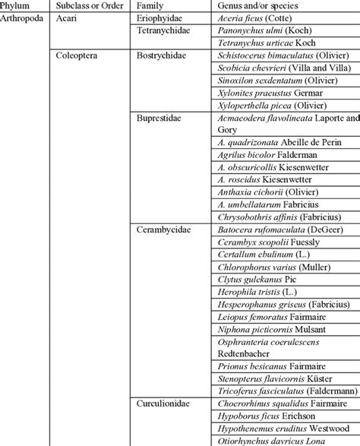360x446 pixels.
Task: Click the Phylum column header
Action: tap(16, 5)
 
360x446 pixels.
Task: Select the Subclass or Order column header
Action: tap(87, 5)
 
